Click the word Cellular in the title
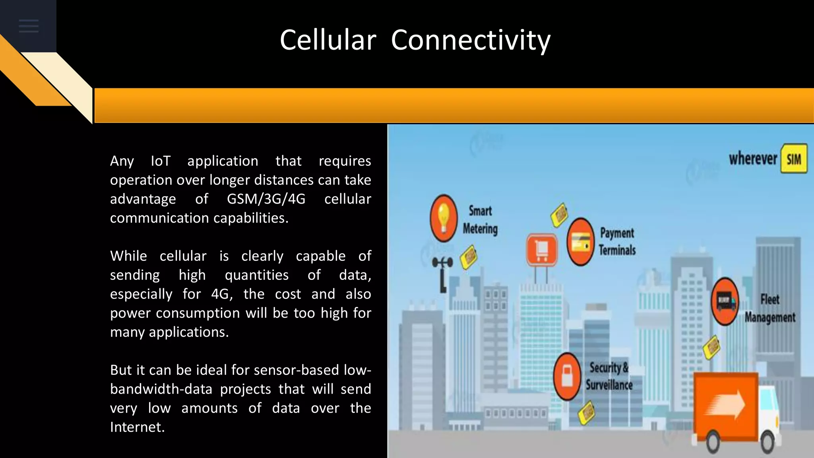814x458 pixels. click(x=328, y=40)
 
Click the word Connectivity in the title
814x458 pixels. click(x=471, y=40)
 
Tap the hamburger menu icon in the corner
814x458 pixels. click(x=29, y=26)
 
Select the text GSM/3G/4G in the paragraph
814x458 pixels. click(x=266, y=199)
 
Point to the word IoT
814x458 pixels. click(x=161, y=161)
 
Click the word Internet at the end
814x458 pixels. click(x=137, y=427)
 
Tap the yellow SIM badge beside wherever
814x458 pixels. click(x=794, y=159)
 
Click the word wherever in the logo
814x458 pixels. click(x=753, y=159)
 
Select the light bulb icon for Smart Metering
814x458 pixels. click(x=444, y=218)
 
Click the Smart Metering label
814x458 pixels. click(x=480, y=220)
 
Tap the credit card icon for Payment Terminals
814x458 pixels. click(x=580, y=241)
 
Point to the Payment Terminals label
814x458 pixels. click(x=617, y=241)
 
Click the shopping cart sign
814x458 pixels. click(x=542, y=250)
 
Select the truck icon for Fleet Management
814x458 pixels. click(x=725, y=301)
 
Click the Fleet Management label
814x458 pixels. click(x=770, y=308)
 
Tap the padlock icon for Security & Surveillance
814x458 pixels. click(x=567, y=376)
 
